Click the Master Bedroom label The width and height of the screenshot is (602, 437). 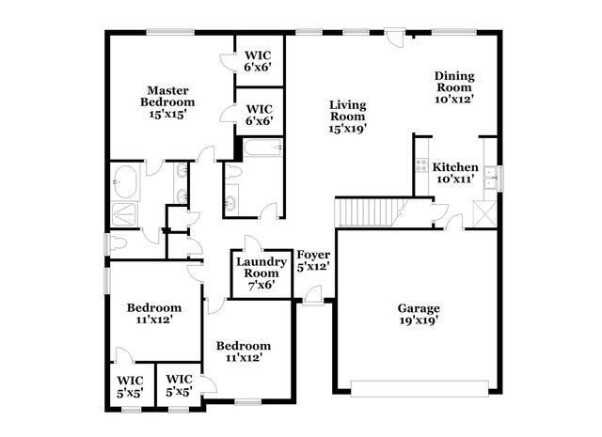(167, 96)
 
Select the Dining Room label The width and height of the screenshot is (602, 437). (453, 82)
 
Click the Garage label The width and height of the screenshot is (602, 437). (419, 308)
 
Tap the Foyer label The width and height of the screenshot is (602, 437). (313, 255)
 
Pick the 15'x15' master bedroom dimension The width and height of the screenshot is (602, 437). (167, 114)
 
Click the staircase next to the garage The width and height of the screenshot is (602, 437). (369, 212)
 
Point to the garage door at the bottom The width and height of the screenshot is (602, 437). (420, 386)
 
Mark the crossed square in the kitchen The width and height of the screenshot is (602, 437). (486, 212)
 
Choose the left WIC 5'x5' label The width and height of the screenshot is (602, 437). (130, 386)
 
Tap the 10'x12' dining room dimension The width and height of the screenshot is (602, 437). (453, 98)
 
